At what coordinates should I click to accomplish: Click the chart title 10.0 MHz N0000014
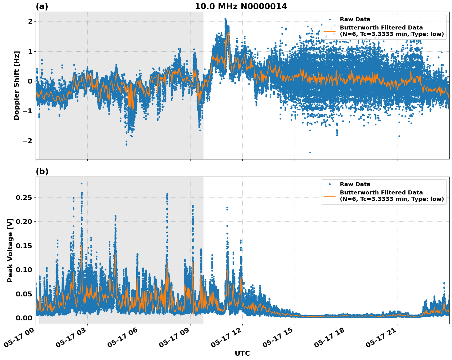(241, 6)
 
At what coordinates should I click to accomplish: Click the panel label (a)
(42, 6)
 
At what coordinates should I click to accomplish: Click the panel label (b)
(42, 171)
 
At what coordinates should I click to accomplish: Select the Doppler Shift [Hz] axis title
(17, 85)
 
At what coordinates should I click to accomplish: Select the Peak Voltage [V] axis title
(10, 250)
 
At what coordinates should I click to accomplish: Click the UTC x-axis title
(242, 353)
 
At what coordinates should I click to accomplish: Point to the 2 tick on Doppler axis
(30, 21)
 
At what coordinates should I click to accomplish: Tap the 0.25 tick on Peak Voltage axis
(24, 198)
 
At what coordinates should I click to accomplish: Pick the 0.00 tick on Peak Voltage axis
(24, 318)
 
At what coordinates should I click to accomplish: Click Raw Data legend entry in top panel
(355, 19)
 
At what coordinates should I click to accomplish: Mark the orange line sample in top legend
(329, 31)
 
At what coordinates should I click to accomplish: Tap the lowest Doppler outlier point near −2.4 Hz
(310, 152)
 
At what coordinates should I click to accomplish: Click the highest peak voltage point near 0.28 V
(81, 183)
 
